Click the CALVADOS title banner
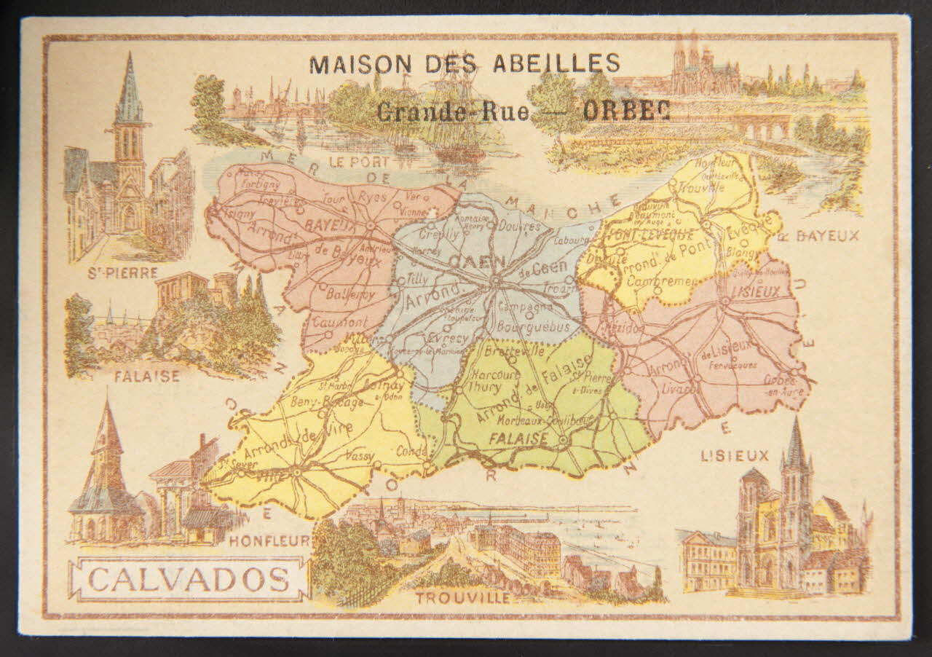pyautogui.click(x=188, y=580)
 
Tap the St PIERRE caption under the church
pyautogui.click(x=122, y=273)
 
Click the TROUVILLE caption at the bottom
pyautogui.click(x=462, y=598)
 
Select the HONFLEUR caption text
pyautogui.click(x=270, y=540)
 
